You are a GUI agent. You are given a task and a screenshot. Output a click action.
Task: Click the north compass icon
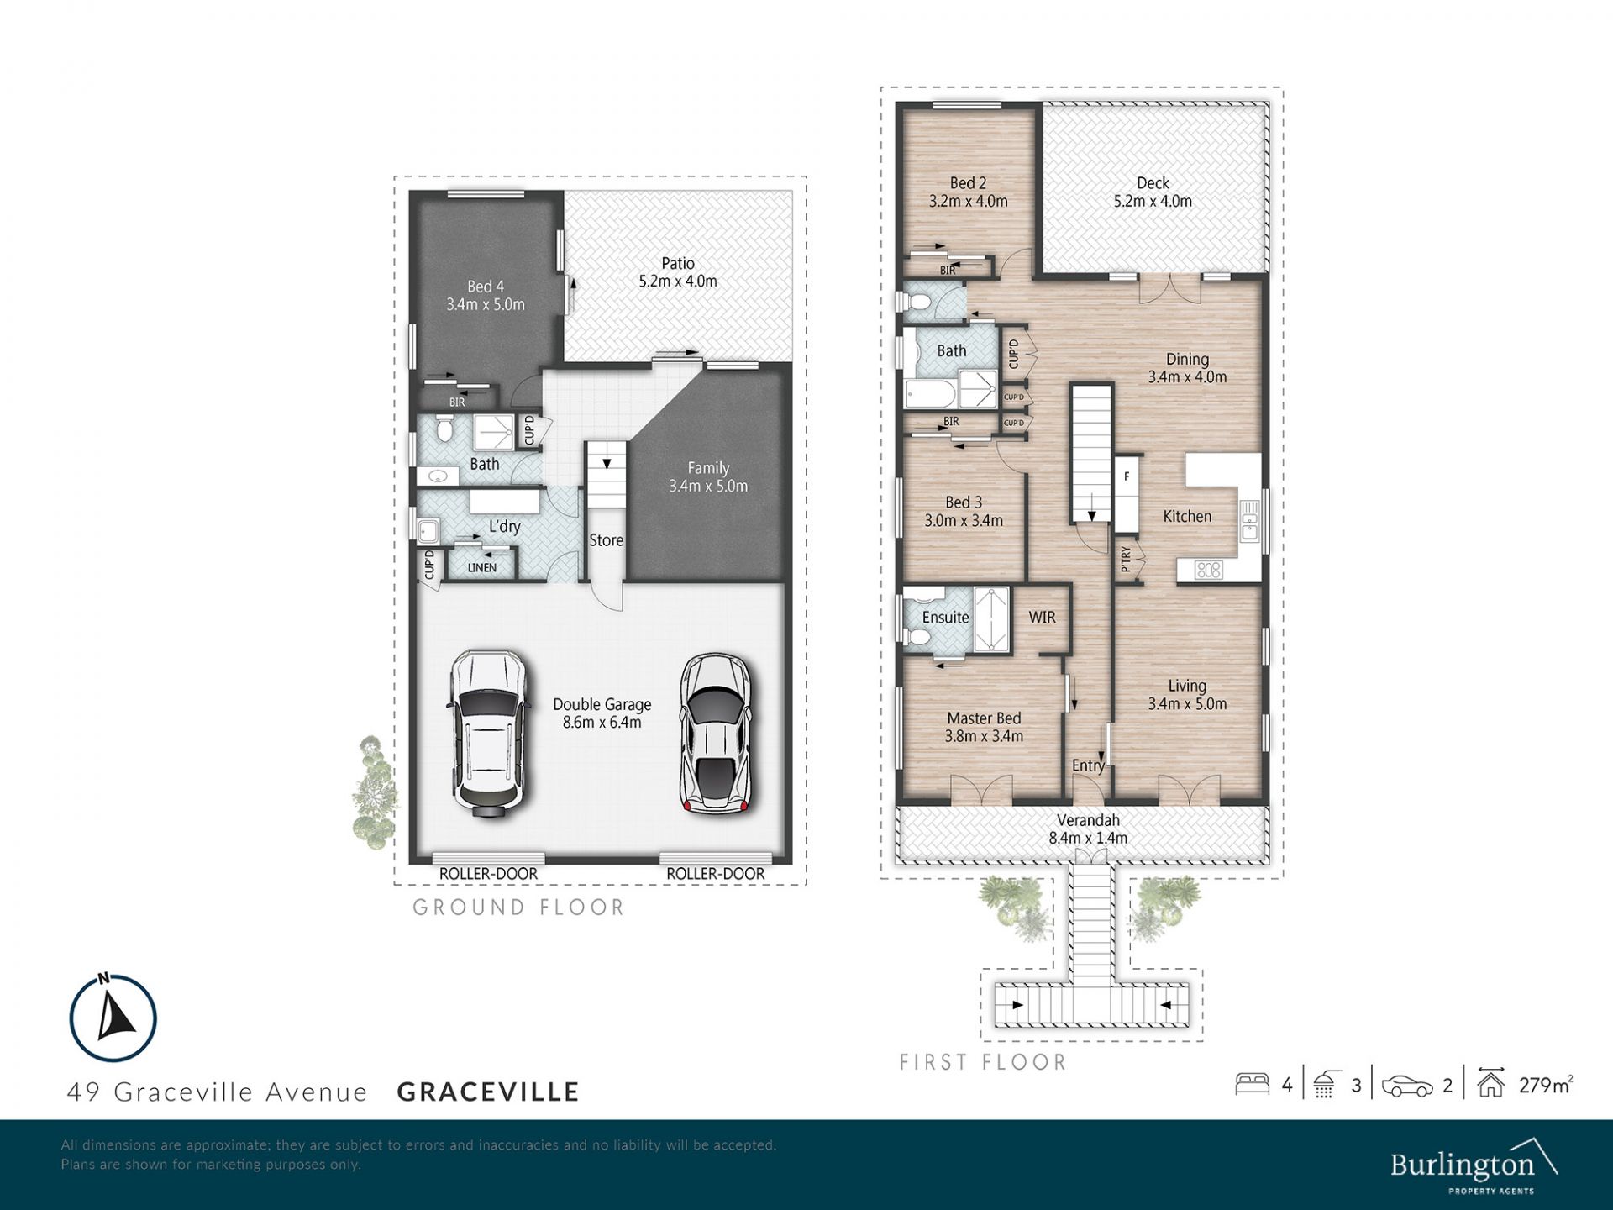click(x=113, y=1018)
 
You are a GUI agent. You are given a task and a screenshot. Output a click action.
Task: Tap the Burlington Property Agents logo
click(x=1474, y=1165)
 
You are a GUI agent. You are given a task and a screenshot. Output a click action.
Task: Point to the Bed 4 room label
click(x=486, y=287)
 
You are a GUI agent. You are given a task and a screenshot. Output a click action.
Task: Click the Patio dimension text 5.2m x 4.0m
click(x=678, y=281)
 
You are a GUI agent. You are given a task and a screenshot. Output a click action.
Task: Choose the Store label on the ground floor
click(x=606, y=540)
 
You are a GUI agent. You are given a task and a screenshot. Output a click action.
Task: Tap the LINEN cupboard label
click(x=482, y=568)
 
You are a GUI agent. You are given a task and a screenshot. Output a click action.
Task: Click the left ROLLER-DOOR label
click(x=488, y=874)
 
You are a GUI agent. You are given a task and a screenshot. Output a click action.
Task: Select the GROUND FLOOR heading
click(x=519, y=907)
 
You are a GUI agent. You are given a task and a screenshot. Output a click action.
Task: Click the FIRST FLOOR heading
click(x=983, y=1062)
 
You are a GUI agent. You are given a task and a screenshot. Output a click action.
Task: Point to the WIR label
click(x=1042, y=617)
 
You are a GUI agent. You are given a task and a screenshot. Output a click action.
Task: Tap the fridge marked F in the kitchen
click(x=1127, y=493)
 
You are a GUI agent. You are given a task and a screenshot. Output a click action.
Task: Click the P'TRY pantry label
click(x=1127, y=560)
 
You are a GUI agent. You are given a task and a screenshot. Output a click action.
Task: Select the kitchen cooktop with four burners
click(x=1208, y=571)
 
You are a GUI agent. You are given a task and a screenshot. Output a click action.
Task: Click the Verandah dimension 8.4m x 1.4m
click(x=1088, y=838)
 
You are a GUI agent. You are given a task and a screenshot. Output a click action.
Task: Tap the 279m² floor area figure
click(x=1546, y=1085)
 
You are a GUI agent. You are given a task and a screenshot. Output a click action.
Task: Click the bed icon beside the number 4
click(x=1252, y=1084)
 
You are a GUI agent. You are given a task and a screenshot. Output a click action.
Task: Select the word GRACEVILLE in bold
click(x=488, y=1092)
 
